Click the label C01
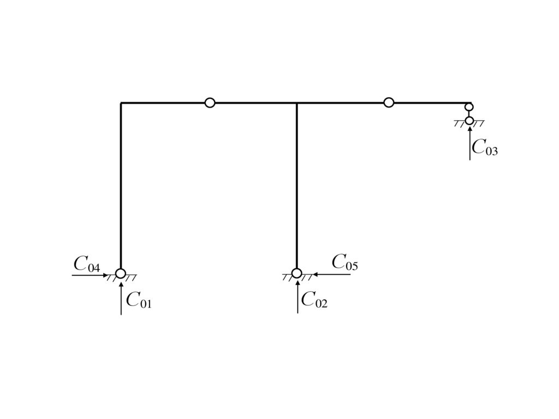[x=139, y=300]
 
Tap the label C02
[x=314, y=300]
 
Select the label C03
[x=485, y=147]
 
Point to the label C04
[x=87, y=265]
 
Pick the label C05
[x=345, y=263]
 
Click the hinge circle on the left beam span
[x=210, y=103]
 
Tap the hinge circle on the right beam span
[x=389, y=103]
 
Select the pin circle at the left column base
[x=121, y=273]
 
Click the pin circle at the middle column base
[x=296, y=273]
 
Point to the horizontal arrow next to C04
[x=90, y=275]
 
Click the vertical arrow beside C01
[x=121, y=298]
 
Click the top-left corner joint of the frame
[x=121, y=103]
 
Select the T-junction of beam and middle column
[x=296, y=103]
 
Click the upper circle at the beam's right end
[x=469, y=107]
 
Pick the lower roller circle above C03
[x=469, y=120]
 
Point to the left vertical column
[x=121, y=186]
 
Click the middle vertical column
[x=296, y=186]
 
